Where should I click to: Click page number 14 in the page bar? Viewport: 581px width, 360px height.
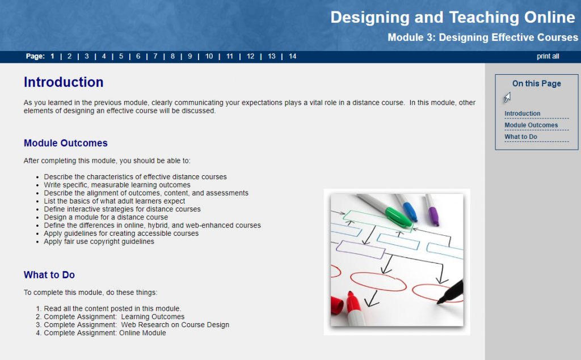292,57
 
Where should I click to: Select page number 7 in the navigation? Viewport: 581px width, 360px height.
155,57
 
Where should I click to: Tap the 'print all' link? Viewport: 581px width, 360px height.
548,57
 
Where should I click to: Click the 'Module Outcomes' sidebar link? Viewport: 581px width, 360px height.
531,125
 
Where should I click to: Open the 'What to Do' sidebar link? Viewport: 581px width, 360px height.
520,137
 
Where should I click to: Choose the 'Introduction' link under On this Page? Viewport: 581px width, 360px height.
522,113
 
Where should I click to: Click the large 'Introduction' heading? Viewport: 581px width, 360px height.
64,82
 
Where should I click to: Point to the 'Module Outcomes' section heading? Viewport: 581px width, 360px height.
65,143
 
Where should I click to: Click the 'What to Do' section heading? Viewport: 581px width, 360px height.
49,275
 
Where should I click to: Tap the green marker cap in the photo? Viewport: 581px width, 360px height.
398,217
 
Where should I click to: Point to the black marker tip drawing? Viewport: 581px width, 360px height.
451,294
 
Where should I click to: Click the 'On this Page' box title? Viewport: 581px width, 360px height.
536,84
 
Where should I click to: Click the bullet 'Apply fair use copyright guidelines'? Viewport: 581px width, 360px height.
99,242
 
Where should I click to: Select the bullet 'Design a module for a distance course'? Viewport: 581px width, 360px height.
106,217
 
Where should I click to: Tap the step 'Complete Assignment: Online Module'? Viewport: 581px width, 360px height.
104,333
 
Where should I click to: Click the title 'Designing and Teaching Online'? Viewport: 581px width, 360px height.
452,18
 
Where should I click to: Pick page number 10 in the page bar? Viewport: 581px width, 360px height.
209,57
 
